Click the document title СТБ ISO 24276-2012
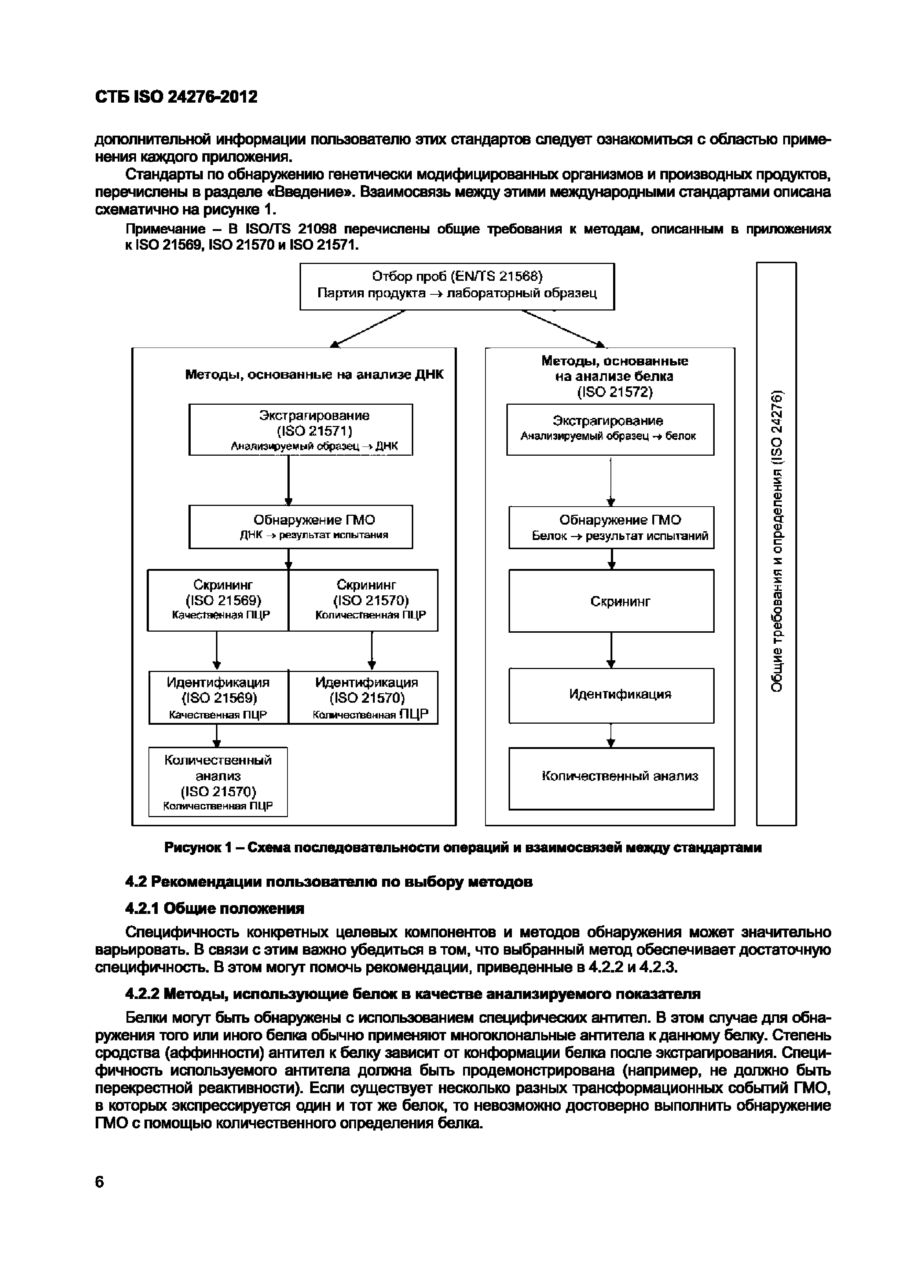pos(176,97)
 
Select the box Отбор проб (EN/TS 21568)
pos(457,286)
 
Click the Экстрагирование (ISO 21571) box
pos(301,430)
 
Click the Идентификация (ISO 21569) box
pos(219,697)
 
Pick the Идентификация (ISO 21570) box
pos(363,697)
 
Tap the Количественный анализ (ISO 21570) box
pos(218,782)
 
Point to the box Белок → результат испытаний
pos(611,528)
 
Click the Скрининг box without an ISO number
pos(611,601)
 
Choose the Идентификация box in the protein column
pos(611,695)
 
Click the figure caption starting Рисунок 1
pos(463,848)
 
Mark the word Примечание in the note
pos(165,229)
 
